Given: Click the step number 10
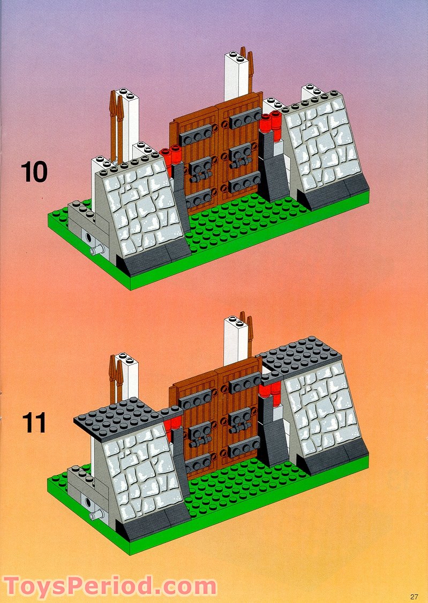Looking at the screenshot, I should pos(34,172).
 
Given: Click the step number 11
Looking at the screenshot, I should pos(34,422).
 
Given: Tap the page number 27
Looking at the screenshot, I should pos(414,597).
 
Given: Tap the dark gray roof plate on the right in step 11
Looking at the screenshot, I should pos(300,354).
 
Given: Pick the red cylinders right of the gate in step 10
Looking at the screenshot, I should pos(270,122).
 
